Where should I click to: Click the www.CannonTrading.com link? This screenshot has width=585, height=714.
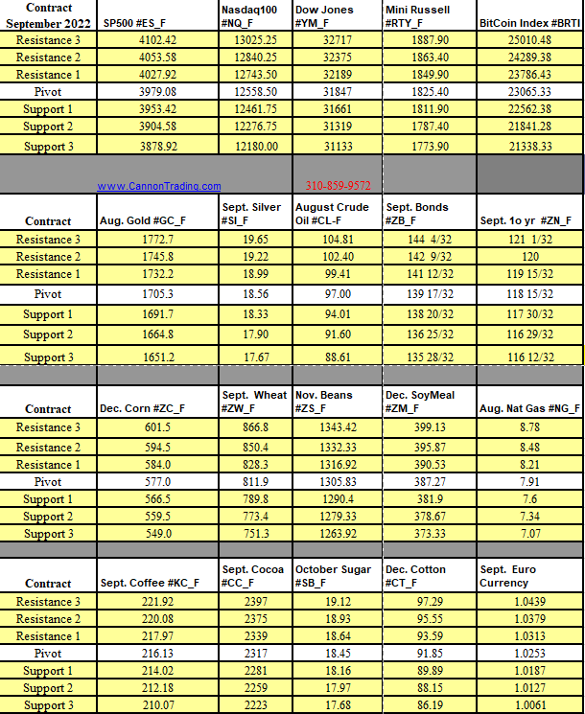coord(159,186)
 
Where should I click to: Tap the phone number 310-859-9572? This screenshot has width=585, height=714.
coord(338,185)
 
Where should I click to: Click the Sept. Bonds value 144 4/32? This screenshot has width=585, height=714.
coord(431,239)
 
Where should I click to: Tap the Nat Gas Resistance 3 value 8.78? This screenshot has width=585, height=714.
coord(527,427)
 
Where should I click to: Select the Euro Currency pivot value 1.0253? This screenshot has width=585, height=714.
coord(528,654)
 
